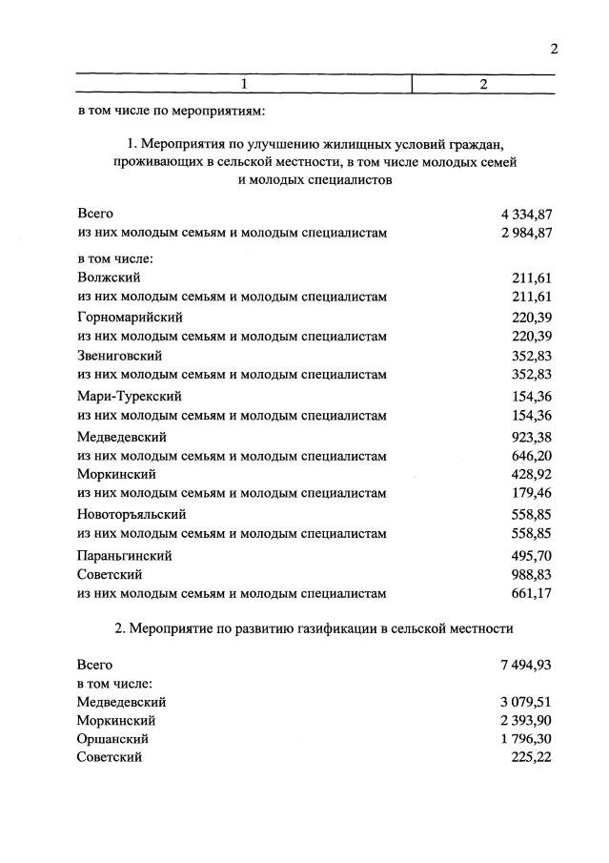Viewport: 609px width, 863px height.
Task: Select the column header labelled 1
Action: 244,85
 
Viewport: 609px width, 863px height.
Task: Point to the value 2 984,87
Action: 520,232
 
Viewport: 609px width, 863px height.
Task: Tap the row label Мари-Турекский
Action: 129,396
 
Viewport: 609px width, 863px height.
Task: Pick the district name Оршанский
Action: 112,738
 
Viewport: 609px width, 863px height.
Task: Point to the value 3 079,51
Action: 520,701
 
